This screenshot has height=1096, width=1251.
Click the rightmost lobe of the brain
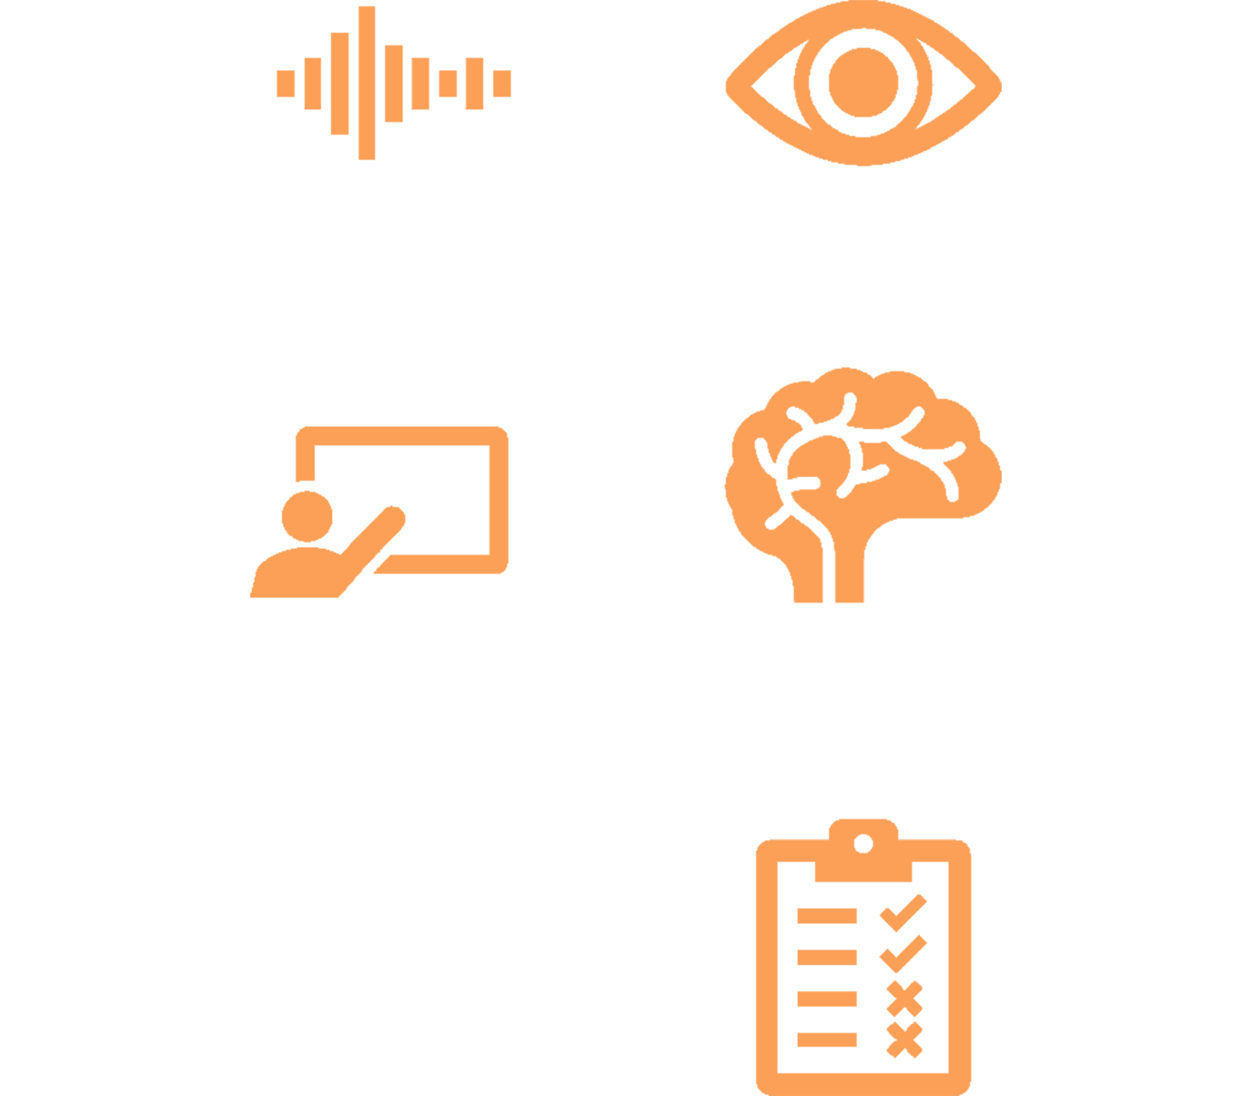point(992,473)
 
